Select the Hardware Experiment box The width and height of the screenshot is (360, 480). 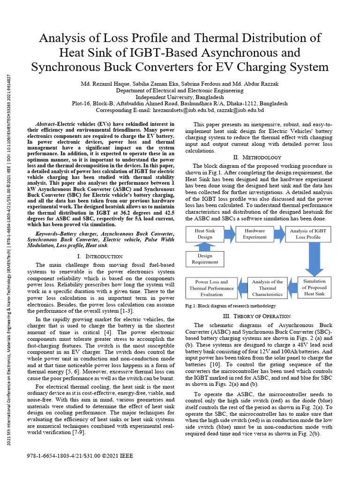point(254,234)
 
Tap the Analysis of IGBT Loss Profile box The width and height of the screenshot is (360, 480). point(308,234)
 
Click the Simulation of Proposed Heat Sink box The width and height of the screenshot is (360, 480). point(314,287)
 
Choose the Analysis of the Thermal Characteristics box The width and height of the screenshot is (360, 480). point(267,288)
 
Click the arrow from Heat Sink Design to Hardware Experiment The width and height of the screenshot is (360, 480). point(229,234)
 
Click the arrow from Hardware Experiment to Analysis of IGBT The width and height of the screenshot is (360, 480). point(280,234)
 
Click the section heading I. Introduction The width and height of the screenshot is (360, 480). point(99,256)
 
